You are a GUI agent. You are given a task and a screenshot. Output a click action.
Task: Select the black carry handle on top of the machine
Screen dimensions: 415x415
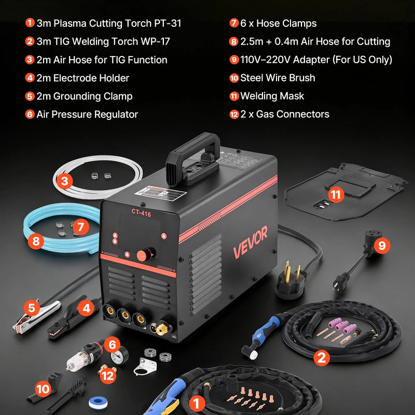point(192,155)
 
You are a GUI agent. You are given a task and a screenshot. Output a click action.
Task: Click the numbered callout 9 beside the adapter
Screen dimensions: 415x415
point(382,245)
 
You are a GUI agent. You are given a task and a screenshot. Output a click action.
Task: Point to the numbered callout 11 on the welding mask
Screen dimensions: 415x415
point(336,195)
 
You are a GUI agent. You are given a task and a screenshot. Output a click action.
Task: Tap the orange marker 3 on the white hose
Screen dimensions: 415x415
point(64,181)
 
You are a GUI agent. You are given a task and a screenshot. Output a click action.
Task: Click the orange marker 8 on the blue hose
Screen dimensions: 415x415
point(36,241)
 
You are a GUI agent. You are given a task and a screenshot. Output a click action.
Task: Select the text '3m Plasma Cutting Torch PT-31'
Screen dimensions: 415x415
point(108,23)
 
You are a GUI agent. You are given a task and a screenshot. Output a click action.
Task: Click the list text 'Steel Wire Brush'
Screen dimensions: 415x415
point(278,78)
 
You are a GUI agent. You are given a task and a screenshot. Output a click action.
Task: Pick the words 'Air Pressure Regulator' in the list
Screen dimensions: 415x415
point(87,114)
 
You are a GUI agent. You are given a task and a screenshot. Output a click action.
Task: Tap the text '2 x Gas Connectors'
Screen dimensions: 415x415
point(284,114)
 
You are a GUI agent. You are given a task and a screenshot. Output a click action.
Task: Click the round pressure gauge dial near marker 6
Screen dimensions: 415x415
point(119,357)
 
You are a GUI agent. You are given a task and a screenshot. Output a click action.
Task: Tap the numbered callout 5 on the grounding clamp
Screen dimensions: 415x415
point(32,308)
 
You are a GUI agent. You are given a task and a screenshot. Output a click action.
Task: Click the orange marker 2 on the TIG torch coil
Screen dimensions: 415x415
point(322,357)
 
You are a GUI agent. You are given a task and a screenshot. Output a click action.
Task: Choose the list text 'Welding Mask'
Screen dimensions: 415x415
point(272,96)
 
